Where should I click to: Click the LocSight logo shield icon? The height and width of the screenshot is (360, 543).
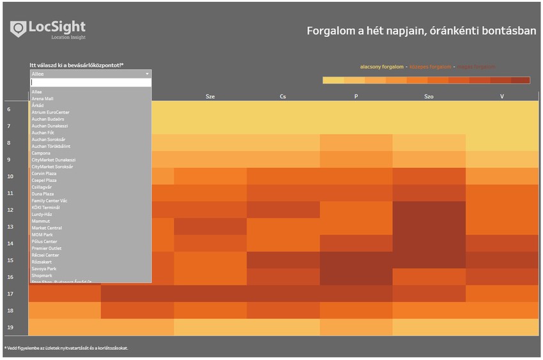point(19,29)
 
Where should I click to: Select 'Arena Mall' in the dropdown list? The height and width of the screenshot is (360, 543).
point(43,99)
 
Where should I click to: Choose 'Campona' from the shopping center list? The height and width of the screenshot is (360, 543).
point(41,153)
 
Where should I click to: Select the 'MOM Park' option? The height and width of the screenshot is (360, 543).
point(43,235)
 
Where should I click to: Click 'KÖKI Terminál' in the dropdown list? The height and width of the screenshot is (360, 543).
point(46,207)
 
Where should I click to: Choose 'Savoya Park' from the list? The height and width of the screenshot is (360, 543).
point(45,269)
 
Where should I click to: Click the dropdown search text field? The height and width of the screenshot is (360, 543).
point(91,82)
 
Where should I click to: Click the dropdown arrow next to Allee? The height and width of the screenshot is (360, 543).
point(148,74)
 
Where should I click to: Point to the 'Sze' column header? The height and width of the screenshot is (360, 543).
point(210,97)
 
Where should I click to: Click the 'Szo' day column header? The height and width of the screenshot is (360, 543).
point(429,97)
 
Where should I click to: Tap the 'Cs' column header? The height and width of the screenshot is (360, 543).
point(283,97)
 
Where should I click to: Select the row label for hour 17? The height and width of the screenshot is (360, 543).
point(10,294)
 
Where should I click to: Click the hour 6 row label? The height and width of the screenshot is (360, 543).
point(9,110)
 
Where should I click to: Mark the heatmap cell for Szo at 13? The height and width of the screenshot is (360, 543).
point(429,227)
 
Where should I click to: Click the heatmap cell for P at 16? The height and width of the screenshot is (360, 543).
point(356,276)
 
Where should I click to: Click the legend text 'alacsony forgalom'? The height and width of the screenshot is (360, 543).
point(381,67)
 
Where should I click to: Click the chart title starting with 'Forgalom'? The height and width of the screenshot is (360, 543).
point(421,31)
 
